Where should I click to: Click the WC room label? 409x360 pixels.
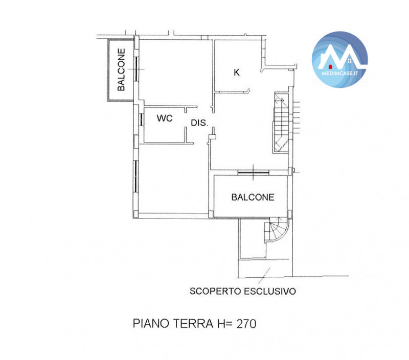(165, 118)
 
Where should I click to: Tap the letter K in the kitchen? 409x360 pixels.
(237, 72)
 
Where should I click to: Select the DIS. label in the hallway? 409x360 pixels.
(199, 123)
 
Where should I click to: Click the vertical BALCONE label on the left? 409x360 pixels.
(121, 69)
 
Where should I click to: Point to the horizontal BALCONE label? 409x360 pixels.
(253, 197)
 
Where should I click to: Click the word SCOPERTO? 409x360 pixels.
(215, 291)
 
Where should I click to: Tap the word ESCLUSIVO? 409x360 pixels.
(270, 291)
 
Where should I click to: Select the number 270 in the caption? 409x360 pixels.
(246, 324)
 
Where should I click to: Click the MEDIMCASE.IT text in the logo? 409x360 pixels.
(339, 74)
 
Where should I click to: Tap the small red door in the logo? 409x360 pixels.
(330, 67)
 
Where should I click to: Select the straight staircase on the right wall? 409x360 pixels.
(281, 123)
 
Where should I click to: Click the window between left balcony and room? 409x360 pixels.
(136, 69)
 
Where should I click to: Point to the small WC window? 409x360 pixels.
(141, 119)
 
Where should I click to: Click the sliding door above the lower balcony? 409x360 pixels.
(253, 172)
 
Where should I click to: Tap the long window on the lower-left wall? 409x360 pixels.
(135, 176)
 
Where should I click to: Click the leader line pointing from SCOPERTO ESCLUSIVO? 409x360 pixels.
(264, 276)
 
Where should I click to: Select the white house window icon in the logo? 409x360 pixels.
(350, 61)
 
